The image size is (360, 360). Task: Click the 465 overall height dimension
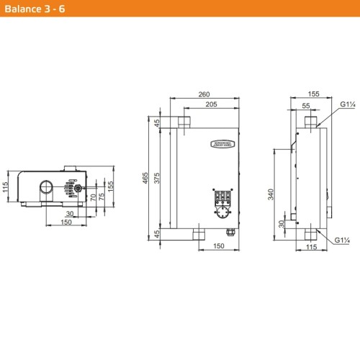146,178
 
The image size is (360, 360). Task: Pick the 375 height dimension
158,178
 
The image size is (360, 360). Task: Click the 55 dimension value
307,105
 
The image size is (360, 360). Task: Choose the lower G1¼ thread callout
341,240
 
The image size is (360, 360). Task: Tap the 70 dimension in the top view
93,197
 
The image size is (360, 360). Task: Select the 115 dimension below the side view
310,247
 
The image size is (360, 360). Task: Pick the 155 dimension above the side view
312,94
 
